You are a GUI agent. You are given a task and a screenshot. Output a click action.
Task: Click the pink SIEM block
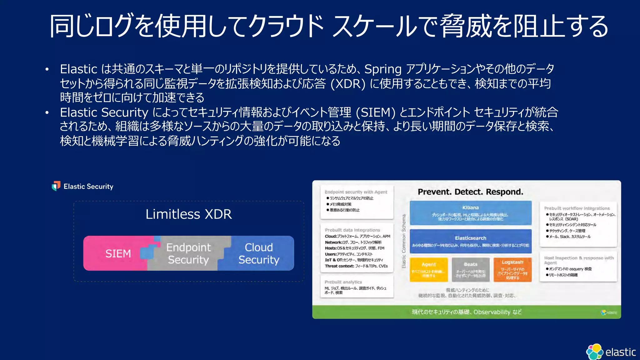coord(117,253)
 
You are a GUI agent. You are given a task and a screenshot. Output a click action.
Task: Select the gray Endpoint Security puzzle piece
coord(188,253)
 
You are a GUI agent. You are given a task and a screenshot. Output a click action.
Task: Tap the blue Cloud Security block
coord(258,253)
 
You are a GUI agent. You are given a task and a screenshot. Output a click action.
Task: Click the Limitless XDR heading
coord(188,214)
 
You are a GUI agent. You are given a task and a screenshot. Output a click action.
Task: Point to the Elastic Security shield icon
coord(56,186)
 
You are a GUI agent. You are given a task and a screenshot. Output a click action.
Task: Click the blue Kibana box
coord(470,213)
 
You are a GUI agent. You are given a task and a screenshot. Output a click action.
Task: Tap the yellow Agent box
coord(428,270)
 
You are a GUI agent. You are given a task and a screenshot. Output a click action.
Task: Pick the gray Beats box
coord(470,270)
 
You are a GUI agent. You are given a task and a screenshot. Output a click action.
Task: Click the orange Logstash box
coord(512,270)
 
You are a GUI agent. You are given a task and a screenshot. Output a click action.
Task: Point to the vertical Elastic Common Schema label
coord(403,241)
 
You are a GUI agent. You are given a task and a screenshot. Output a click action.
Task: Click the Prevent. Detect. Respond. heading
coord(470,192)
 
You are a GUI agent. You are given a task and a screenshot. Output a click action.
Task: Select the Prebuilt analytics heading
coord(343,282)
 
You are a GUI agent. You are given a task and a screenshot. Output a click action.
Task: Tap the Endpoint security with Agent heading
coord(356,192)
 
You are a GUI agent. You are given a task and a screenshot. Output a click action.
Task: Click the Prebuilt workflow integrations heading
coord(577,208)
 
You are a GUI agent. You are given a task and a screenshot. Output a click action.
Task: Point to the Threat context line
coord(356,266)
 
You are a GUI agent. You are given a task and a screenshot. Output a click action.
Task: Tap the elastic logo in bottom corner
coord(611,352)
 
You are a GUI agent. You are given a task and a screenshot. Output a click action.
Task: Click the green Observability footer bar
coord(466,312)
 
